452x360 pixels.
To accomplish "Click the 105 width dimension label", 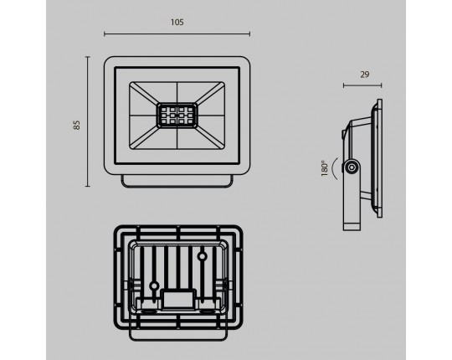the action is pos(177,23).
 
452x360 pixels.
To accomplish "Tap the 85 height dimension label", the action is pos(77,125).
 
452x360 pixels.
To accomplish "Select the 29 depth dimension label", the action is pos(365,75).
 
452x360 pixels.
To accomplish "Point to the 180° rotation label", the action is pos(324,168).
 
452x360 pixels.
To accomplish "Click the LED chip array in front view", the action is pos(177,115).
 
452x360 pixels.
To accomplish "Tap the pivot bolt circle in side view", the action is pos(351,167).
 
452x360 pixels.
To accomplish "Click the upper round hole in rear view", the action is pos(202,256).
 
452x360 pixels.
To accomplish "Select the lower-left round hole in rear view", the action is pos(154,286).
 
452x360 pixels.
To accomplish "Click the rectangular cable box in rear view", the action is pos(178,299).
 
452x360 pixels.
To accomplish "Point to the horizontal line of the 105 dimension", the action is pos(177,34).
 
